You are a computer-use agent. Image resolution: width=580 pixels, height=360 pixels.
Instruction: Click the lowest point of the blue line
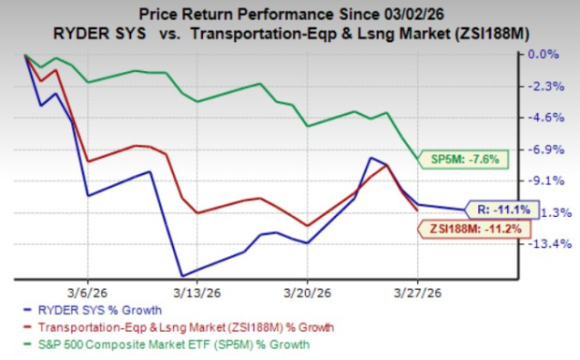coord(181,276)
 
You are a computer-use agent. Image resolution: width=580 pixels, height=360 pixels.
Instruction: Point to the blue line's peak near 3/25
coord(371,158)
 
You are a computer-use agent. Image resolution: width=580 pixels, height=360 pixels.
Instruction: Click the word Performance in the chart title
coord(268,13)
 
